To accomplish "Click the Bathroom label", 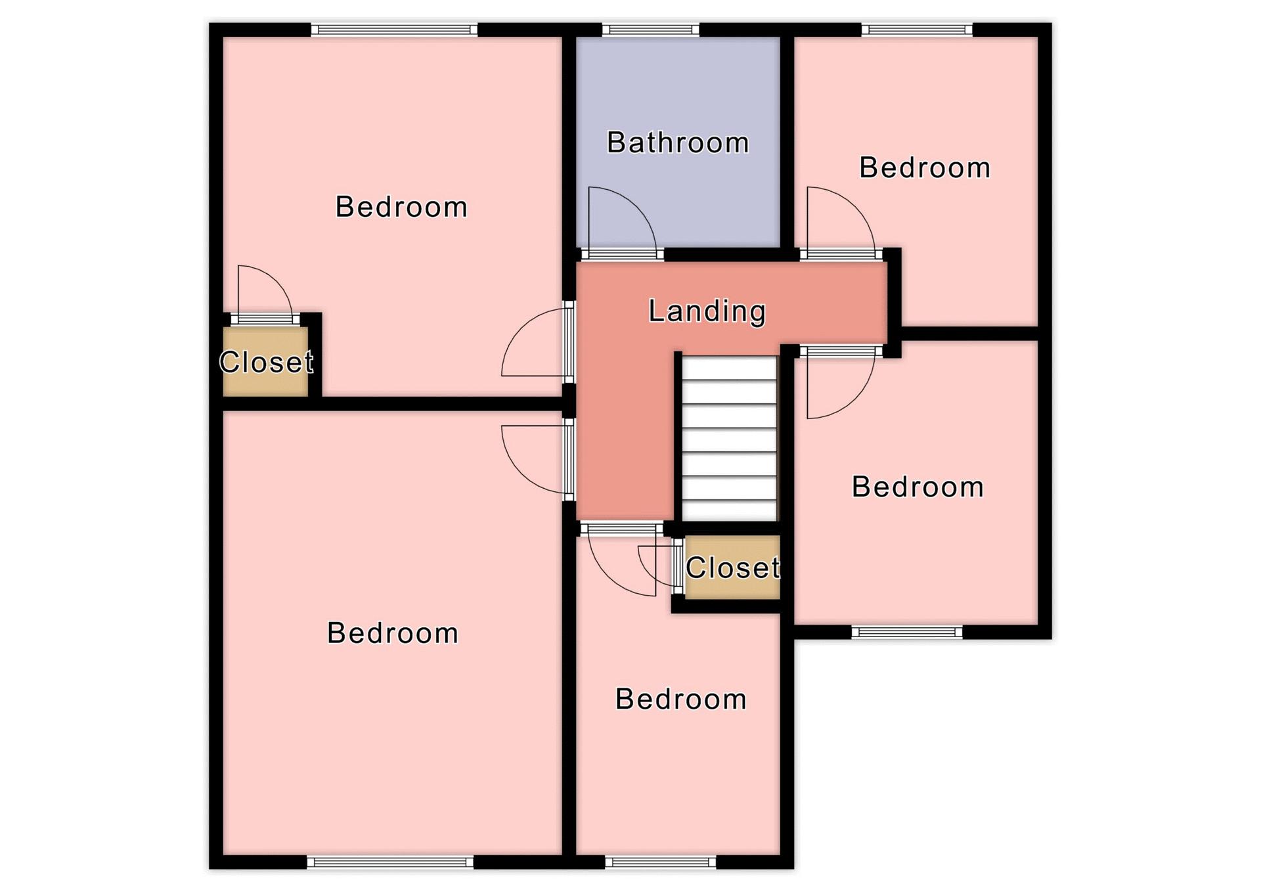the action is (x=678, y=143).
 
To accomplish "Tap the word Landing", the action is (x=707, y=311).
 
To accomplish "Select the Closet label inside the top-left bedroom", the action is (x=266, y=362).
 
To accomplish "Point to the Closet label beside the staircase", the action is (x=733, y=568).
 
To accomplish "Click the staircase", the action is (x=729, y=438).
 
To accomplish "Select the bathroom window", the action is (x=651, y=30).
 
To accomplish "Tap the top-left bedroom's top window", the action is (x=394, y=30).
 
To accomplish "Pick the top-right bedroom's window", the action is (x=917, y=30).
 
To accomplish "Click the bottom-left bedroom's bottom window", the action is (x=390, y=862).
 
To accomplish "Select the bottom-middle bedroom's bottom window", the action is (x=661, y=862).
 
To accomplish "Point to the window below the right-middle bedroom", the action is (x=907, y=632).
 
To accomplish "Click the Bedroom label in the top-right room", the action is (x=925, y=167).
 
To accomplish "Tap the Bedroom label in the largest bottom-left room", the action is (x=393, y=633).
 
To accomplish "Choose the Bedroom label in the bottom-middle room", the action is (x=681, y=699).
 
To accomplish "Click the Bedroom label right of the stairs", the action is (x=918, y=487).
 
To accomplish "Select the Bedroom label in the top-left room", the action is (x=401, y=207).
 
